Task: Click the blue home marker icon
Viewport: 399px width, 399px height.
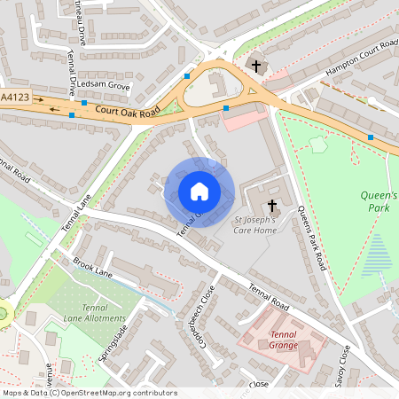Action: (x=199, y=191)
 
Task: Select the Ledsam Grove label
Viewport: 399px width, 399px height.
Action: (x=103, y=86)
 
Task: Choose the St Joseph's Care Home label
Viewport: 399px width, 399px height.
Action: (x=255, y=224)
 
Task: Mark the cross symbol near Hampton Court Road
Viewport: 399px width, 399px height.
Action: (x=256, y=66)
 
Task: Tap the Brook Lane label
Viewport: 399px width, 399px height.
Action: (x=92, y=266)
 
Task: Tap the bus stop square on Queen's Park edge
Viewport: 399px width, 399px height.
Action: (x=370, y=137)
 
